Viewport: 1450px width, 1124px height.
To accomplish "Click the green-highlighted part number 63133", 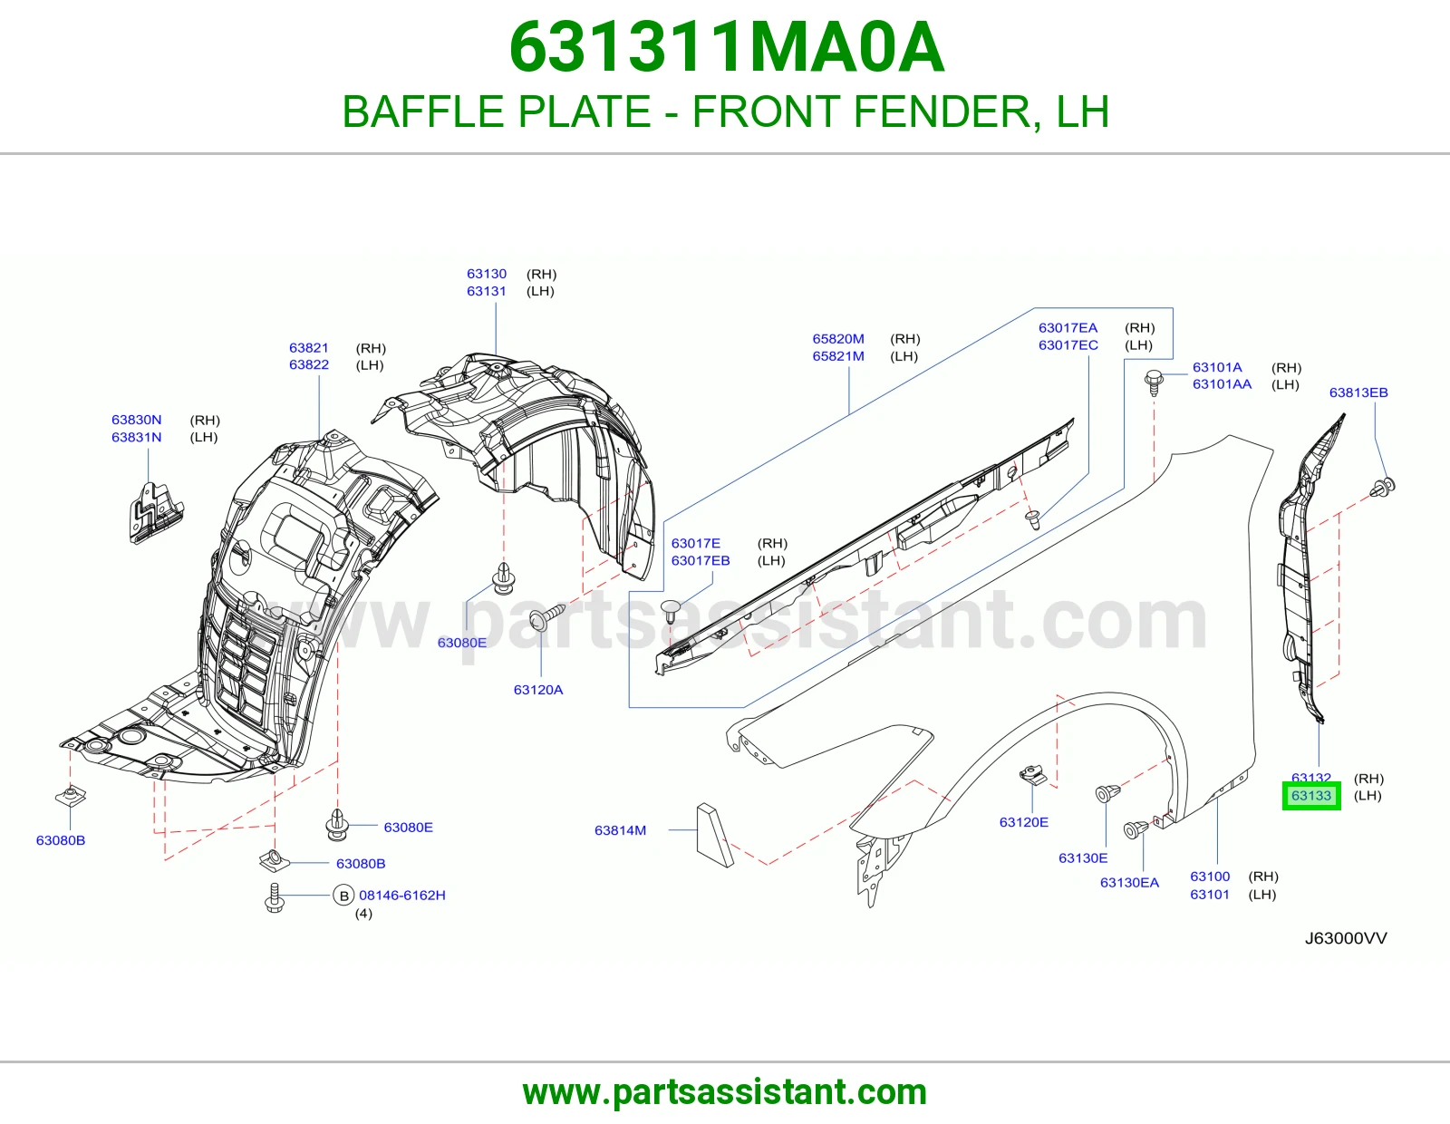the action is point(1311,796).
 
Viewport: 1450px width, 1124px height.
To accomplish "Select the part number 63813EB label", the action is point(1358,392).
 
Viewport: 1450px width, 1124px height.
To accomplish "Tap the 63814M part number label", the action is point(620,830).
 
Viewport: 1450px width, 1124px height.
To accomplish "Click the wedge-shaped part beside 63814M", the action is point(713,835).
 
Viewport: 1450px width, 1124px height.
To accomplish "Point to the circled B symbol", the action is point(343,895).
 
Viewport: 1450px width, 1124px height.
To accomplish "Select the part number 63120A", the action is point(537,690).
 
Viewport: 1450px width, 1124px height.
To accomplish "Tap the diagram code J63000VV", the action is point(1346,938).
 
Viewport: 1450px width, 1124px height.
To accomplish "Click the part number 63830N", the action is point(136,420).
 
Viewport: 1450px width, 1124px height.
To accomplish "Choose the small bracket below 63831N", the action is point(156,513).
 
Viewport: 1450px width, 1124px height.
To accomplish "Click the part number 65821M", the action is point(838,355).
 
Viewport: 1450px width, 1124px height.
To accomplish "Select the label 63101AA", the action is point(1222,383).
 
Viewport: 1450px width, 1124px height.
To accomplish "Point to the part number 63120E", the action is point(1023,822).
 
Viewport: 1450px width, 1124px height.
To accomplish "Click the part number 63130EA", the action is point(1130,882).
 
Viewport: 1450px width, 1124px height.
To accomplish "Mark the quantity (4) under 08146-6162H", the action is point(363,913).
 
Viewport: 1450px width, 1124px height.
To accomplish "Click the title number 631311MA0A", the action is point(726,48).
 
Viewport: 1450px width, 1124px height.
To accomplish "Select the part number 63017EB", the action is point(700,561).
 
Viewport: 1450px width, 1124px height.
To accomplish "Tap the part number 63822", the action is point(308,364).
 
